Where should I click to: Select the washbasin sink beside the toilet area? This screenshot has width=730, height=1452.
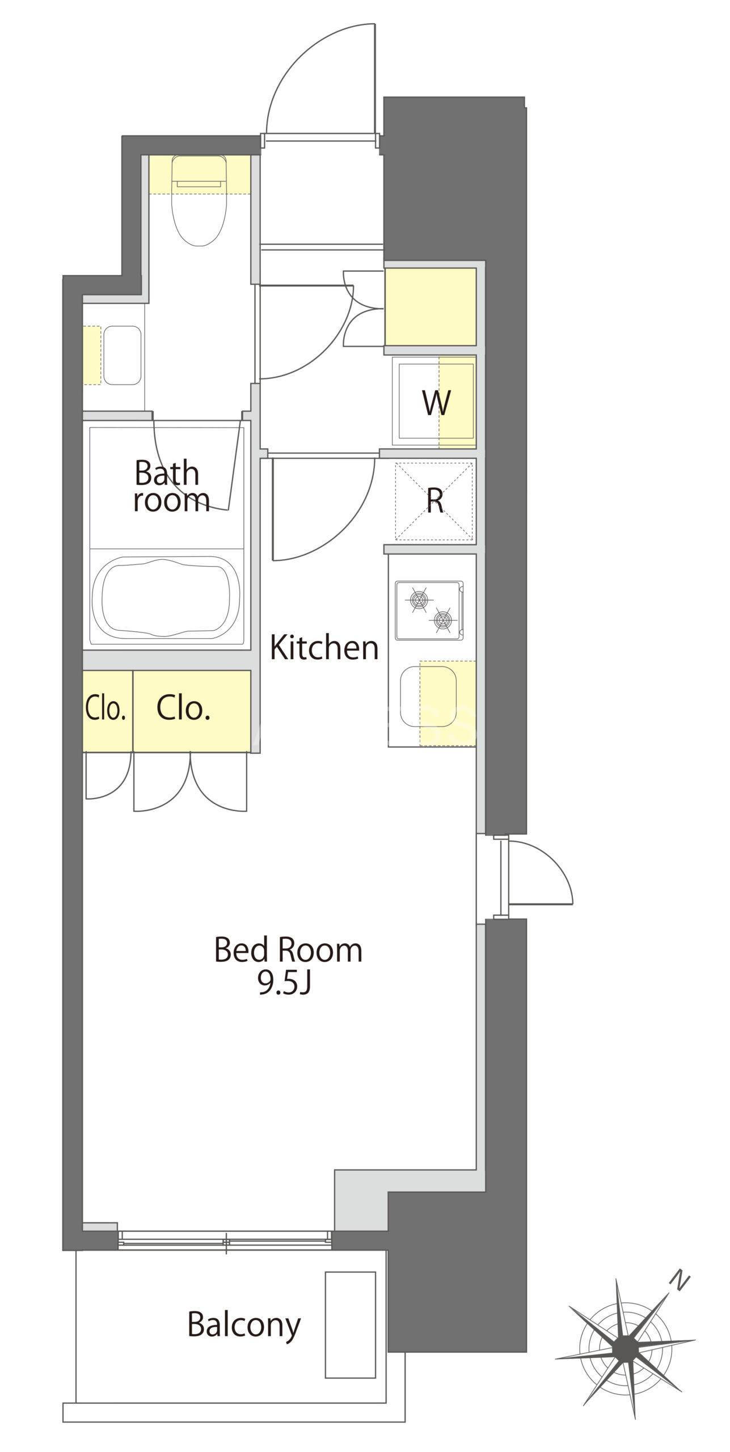[122, 356]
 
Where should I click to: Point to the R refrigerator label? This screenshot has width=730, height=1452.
[435, 501]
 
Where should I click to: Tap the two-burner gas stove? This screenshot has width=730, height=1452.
[429, 610]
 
